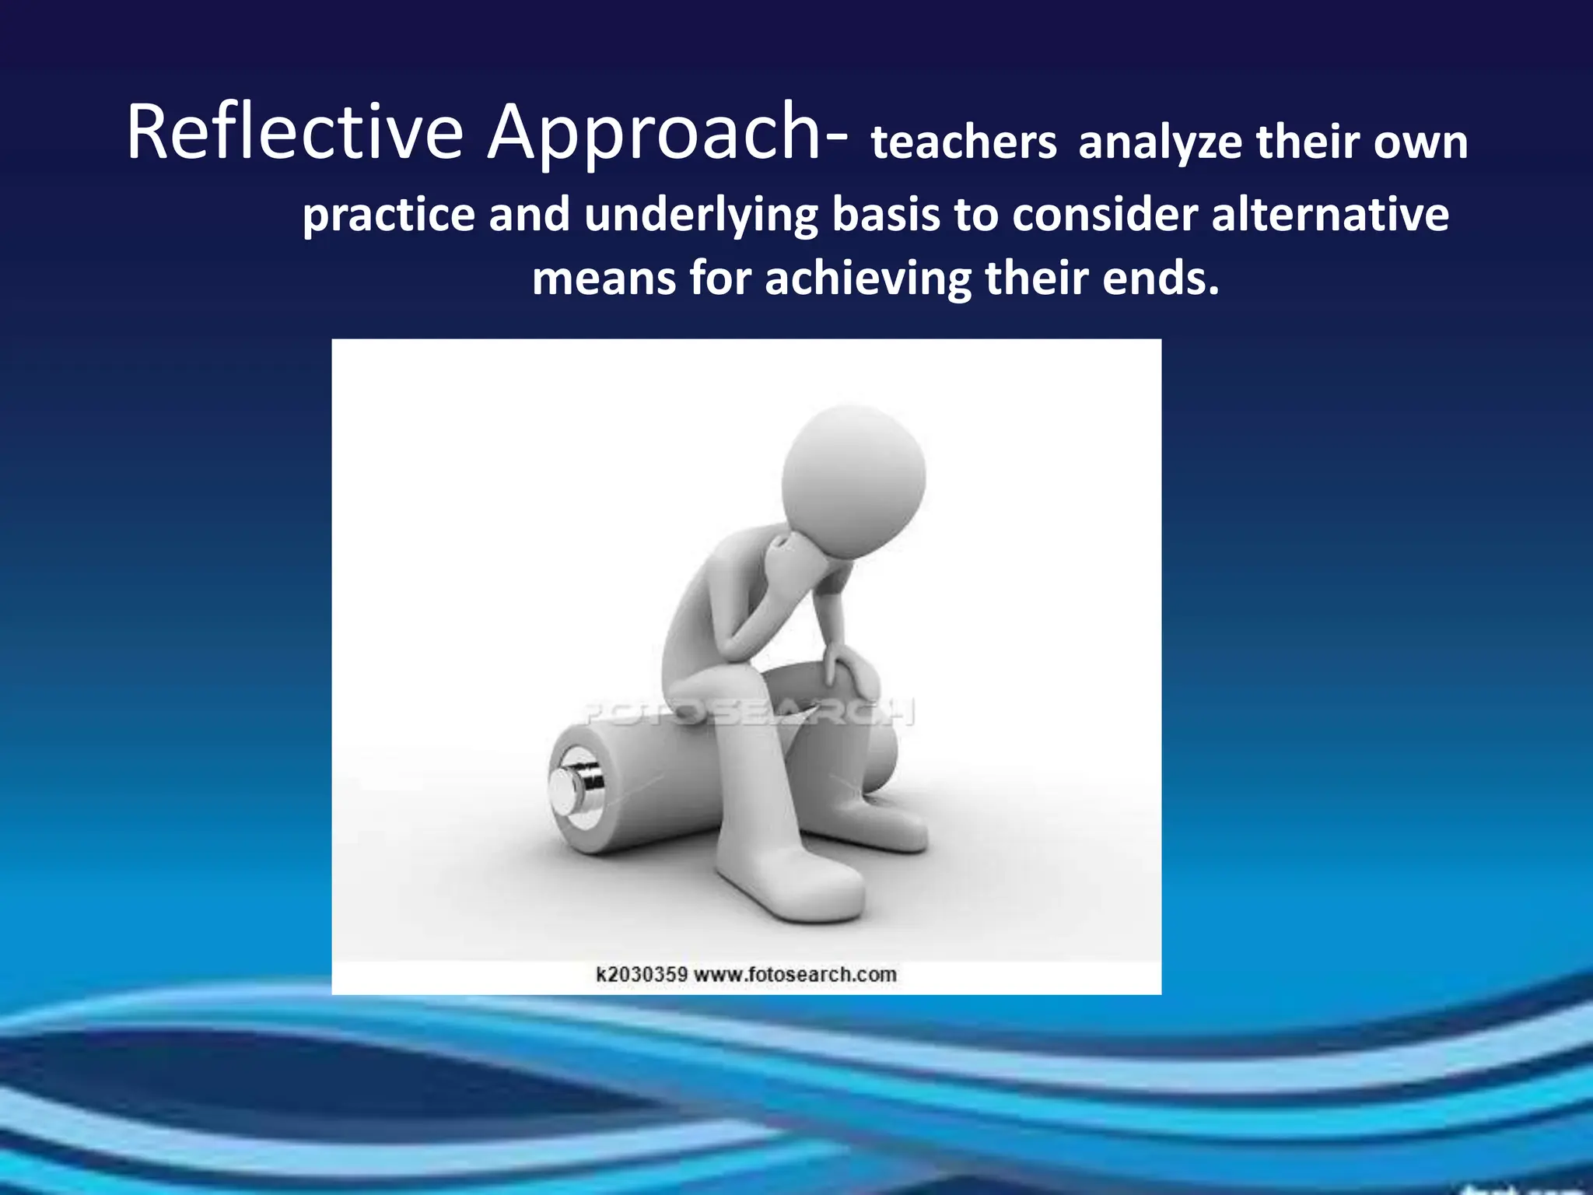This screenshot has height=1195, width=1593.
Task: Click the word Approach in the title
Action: [x=653, y=134]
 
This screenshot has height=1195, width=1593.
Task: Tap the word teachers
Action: [x=964, y=143]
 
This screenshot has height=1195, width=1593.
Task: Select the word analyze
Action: [x=1160, y=143]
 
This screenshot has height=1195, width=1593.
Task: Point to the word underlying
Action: [x=701, y=216]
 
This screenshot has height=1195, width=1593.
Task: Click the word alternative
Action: [x=1330, y=214]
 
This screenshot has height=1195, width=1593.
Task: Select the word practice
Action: [x=388, y=216]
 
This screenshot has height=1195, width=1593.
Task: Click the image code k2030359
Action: [x=641, y=974]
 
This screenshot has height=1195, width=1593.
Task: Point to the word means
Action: [x=604, y=279]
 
